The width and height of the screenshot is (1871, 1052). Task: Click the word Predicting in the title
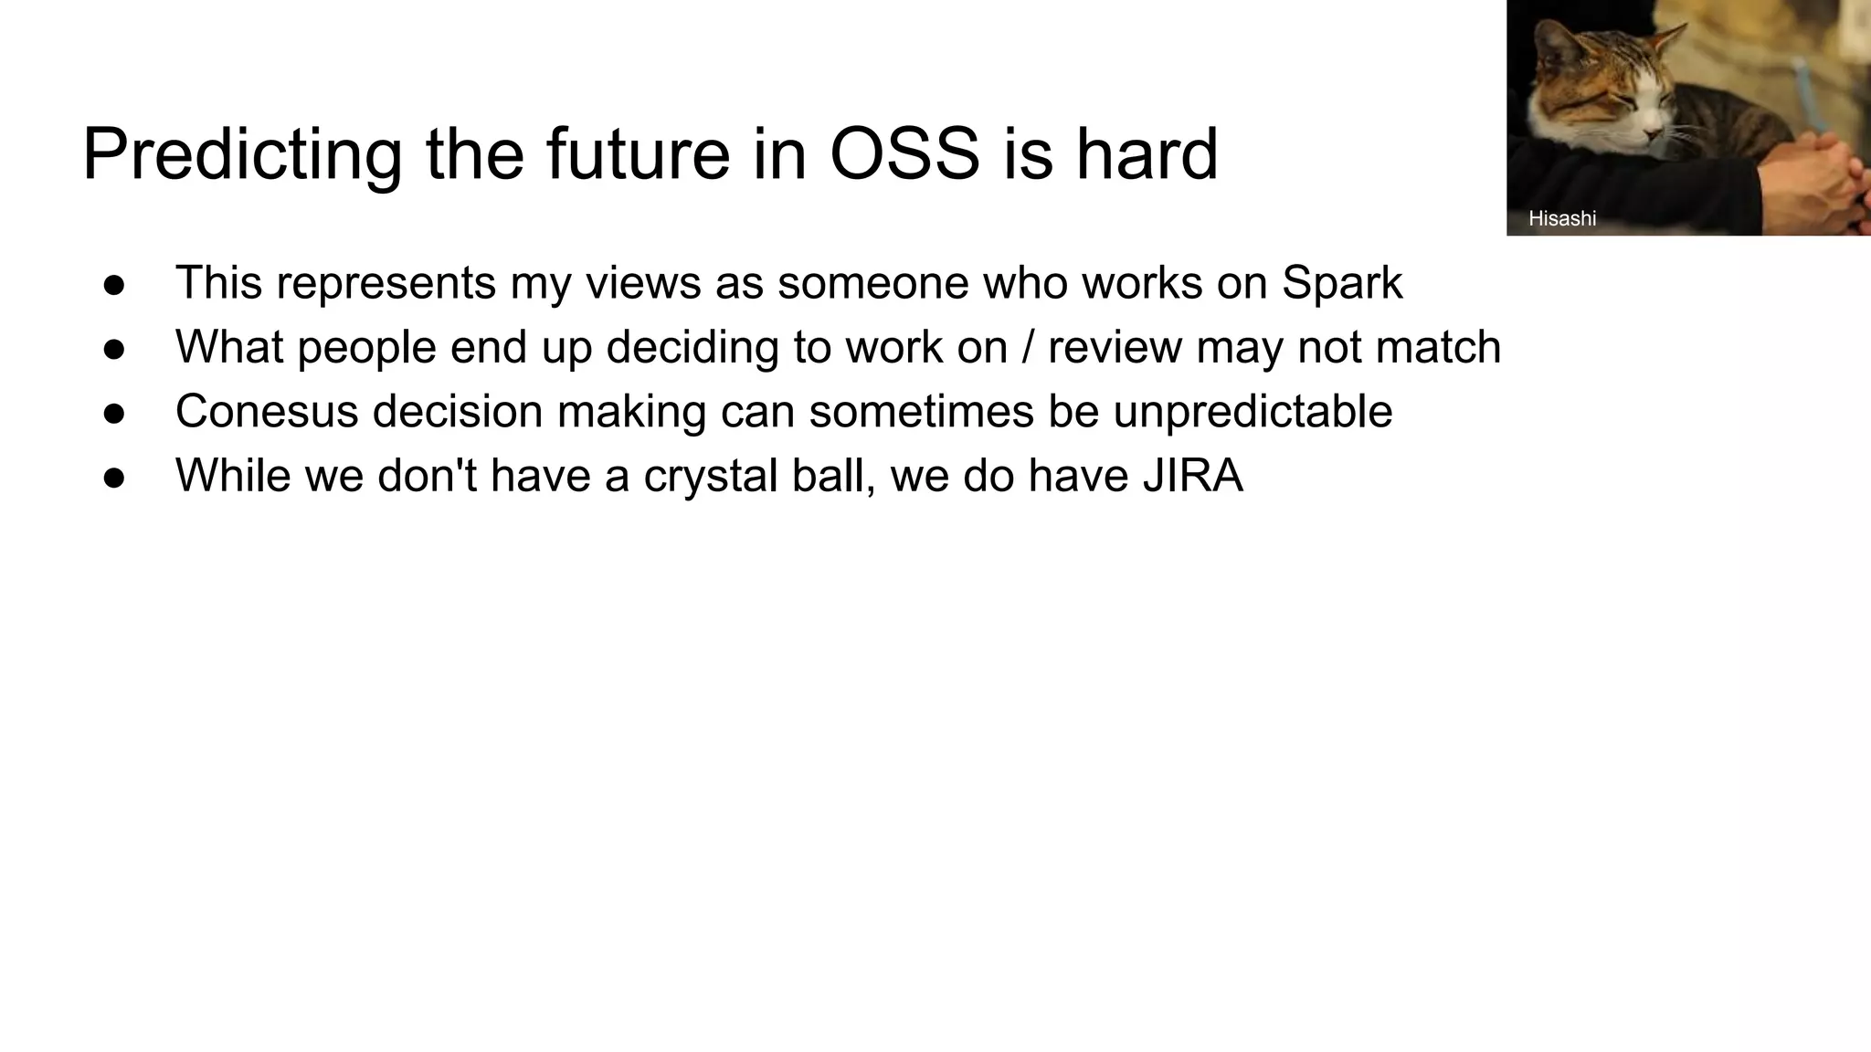[x=241, y=155]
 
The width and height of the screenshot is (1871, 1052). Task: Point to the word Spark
[x=1341, y=283]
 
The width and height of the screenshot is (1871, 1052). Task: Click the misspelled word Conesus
[x=267, y=411]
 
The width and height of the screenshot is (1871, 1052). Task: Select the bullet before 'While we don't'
[x=114, y=477]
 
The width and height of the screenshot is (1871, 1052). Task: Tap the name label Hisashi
[x=1562, y=218]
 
